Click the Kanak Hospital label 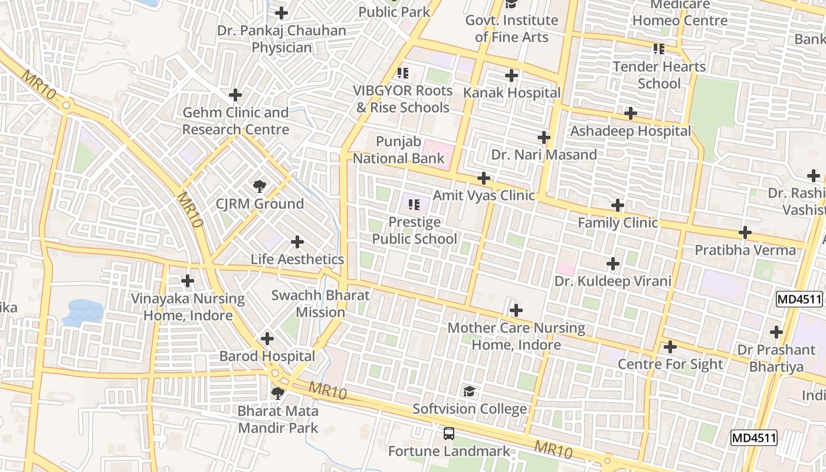point(512,93)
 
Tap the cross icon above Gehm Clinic point(235,95)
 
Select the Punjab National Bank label point(398,150)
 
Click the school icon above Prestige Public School point(414,205)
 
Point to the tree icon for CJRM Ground point(259,187)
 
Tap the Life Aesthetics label point(297,259)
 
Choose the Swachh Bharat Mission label point(320,304)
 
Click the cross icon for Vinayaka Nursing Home point(188,281)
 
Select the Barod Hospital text point(267,356)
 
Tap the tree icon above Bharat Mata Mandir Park point(278,393)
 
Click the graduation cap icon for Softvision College point(469,391)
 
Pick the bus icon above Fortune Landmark point(449,434)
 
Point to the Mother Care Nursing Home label point(516,336)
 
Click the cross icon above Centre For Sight point(670,347)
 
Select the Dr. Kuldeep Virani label point(612,281)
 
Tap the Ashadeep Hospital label point(630,131)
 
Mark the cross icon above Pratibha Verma point(745,232)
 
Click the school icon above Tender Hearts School point(659,49)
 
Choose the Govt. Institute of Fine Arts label point(512,28)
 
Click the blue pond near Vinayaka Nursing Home point(83,313)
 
